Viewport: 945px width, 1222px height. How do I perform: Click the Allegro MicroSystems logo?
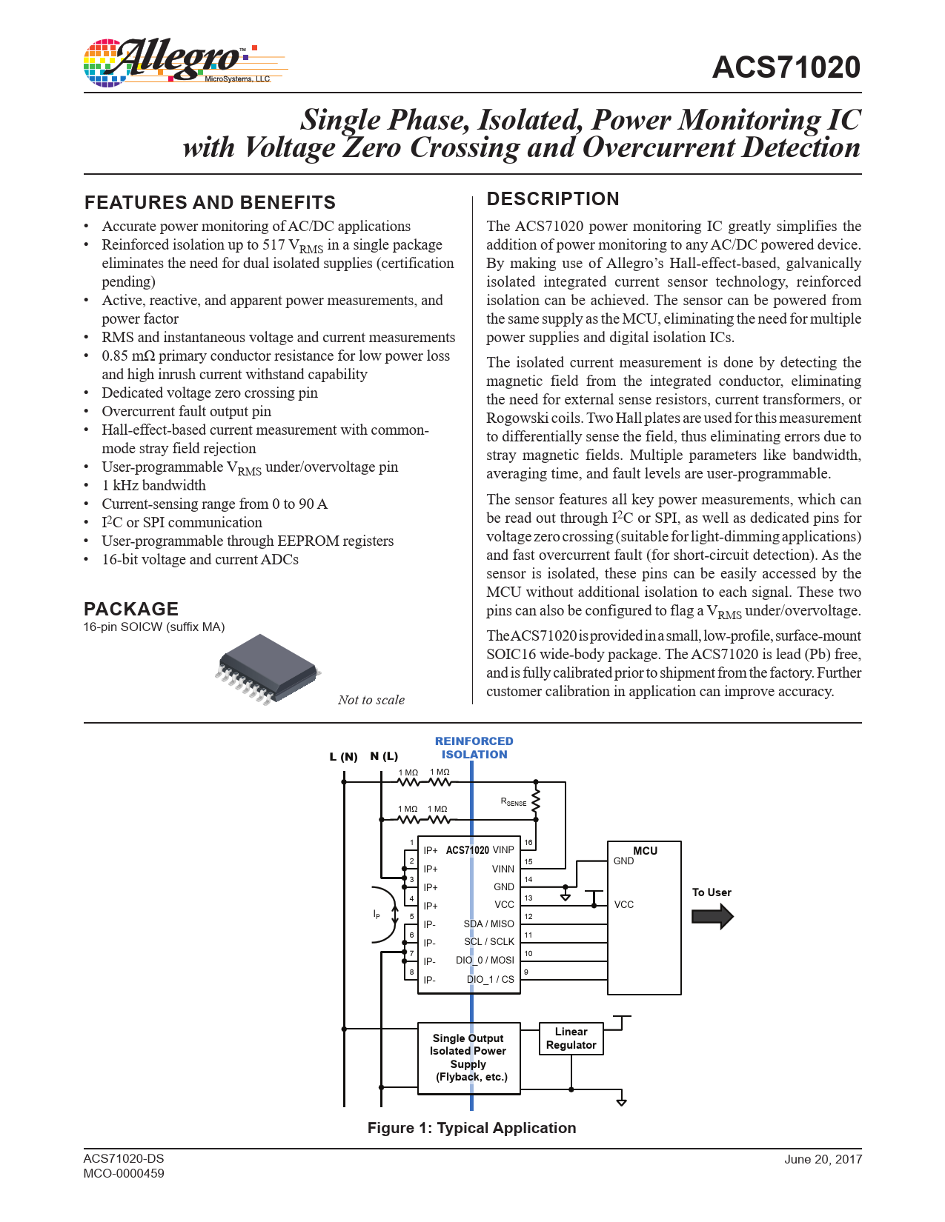click(x=184, y=62)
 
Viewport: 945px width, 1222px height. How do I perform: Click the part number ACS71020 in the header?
click(x=786, y=67)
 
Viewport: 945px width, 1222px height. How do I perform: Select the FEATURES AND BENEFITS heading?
click(x=210, y=202)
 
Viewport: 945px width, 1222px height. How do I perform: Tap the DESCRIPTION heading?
click(x=552, y=198)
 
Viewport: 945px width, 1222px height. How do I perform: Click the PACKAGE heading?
click(x=131, y=609)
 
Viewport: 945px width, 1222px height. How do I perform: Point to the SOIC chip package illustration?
click(x=268, y=667)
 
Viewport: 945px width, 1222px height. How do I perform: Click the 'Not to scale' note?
click(x=371, y=700)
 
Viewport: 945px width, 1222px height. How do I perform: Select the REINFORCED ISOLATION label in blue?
click(x=474, y=748)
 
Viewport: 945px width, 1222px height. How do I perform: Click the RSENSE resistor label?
click(x=513, y=801)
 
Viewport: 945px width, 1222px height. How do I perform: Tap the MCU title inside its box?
click(x=645, y=851)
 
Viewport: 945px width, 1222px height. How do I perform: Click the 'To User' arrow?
click(x=712, y=916)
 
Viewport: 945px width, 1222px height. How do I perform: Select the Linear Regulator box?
click(x=571, y=1038)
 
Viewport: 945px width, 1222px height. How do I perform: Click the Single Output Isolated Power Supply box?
click(x=468, y=1058)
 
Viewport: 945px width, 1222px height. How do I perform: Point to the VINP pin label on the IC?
click(x=503, y=850)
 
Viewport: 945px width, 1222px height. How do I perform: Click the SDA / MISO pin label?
click(x=488, y=924)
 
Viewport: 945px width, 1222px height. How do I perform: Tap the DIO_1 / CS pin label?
click(x=490, y=979)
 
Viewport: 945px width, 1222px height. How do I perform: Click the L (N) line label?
click(x=343, y=757)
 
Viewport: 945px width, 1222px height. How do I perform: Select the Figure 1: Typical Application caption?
click(x=471, y=1128)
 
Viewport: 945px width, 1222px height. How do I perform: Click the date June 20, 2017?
click(x=823, y=1159)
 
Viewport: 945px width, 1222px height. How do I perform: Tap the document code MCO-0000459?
click(x=124, y=1173)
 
